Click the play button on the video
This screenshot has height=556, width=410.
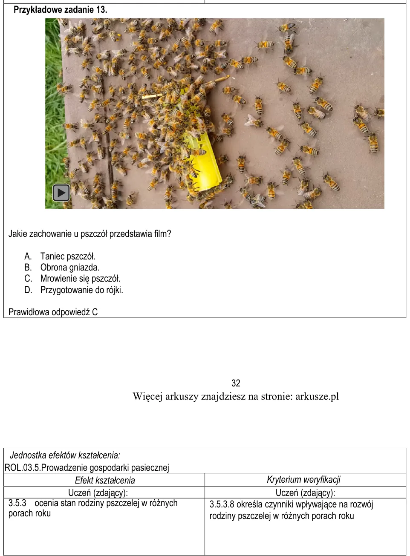[61, 193]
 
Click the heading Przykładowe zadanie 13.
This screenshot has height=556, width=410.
[61, 10]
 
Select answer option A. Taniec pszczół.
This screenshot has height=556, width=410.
[60, 256]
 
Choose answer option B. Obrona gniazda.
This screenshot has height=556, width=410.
[62, 267]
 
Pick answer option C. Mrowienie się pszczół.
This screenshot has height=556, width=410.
[72, 279]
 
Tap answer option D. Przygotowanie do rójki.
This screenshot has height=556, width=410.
[74, 290]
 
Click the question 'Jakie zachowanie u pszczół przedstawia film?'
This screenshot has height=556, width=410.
[90, 234]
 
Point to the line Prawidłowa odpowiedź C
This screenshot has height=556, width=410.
[53, 312]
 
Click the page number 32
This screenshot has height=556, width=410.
[236, 383]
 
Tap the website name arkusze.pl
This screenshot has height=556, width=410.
[317, 396]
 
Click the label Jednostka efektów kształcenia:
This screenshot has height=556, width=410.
[65, 455]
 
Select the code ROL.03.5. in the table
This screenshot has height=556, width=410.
[23, 468]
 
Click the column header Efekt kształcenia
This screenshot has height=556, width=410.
[105, 480]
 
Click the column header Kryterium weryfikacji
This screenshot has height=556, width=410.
[303, 480]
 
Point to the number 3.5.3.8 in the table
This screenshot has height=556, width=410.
[222, 504]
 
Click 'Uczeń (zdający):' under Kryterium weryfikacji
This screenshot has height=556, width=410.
[305, 493]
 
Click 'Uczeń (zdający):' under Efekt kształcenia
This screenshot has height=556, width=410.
[98, 493]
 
